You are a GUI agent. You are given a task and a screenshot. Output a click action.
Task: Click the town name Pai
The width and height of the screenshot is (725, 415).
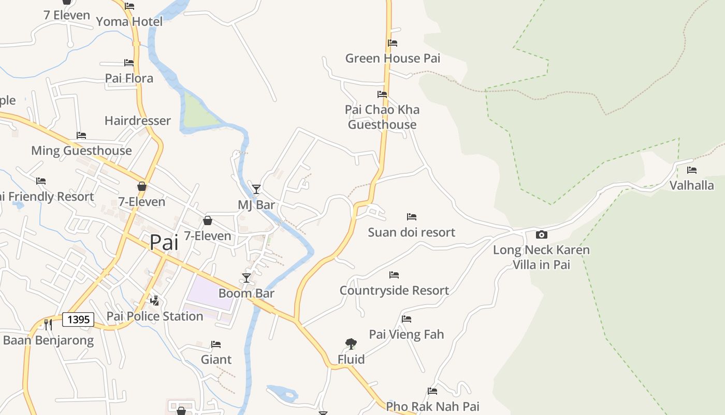pyautogui.click(x=164, y=242)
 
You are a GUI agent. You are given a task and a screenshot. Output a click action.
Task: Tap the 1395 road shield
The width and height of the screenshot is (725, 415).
pyautogui.click(x=78, y=320)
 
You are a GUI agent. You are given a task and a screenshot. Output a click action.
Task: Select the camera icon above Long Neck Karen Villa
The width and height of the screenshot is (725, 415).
pyautogui.click(x=541, y=235)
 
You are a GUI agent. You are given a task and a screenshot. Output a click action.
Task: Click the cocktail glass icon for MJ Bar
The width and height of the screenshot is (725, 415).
pyautogui.click(x=256, y=189)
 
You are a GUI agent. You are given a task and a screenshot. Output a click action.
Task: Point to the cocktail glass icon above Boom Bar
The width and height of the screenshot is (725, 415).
pyautogui.click(x=247, y=278)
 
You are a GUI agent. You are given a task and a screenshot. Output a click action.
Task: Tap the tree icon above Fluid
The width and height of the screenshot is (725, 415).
pyautogui.click(x=351, y=343)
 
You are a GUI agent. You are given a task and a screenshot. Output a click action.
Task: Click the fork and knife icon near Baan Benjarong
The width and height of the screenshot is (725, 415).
pyautogui.click(x=48, y=325)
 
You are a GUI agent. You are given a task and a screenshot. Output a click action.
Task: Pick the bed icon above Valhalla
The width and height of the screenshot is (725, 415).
pyautogui.click(x=691, y=170)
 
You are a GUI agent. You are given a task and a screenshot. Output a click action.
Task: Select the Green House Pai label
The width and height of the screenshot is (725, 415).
pyautogui.click(x=393, y=58)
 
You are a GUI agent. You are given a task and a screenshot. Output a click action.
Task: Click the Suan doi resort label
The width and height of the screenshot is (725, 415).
pyautogui.click(x=411, y=232)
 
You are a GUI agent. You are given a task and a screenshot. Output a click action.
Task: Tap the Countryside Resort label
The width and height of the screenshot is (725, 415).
pyautogui.click(x=394, y=290)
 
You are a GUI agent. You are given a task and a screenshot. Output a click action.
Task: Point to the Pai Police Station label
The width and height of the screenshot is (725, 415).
pyautogui.click(x=154, y=316)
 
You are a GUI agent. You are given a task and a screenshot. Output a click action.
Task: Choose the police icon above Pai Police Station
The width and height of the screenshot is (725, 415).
pyautogui.click(x=154, y=300)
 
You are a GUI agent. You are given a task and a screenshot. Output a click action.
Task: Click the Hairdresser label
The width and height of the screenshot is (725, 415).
pyautogui.click(x=137, y=120)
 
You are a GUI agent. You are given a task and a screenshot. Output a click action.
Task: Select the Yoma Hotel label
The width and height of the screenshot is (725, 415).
pyautogui.click(x=129, y=21)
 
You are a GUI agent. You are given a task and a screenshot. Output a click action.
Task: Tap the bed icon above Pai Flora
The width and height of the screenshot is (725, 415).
pyautogui.click(x=129, y=63)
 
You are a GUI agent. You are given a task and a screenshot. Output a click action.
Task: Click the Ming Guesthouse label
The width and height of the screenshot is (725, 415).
pyautogui.click(x=81, y=150)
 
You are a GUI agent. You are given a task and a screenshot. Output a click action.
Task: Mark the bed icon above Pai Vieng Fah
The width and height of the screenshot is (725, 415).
pyautogui.click(x=407, y=319)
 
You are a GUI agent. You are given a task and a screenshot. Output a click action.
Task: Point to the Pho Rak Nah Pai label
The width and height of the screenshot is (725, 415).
pyautogui.click(x=432, y=406)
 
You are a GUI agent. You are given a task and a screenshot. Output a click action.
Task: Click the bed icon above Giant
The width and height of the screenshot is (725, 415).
pyautogui.click(x=216, y=344)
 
